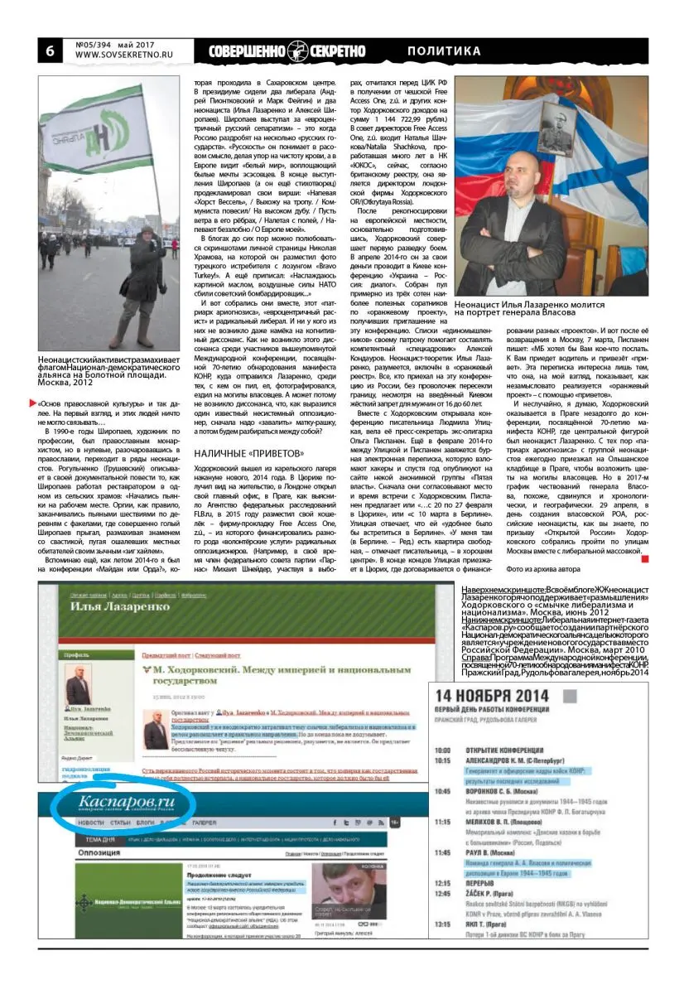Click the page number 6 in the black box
50,50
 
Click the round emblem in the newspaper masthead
299,51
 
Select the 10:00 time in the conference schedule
441,751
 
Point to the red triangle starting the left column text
34,403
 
